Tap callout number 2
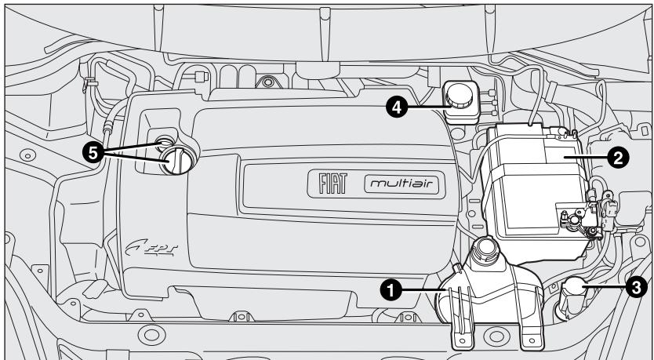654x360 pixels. pos(619,157)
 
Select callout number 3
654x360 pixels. pos(636,287)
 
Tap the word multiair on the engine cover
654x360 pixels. pos(401,184)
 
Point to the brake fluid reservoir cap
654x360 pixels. pos(458,96)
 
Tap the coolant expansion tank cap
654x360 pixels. pos(481,249)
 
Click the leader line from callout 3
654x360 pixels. pos(609,287)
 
